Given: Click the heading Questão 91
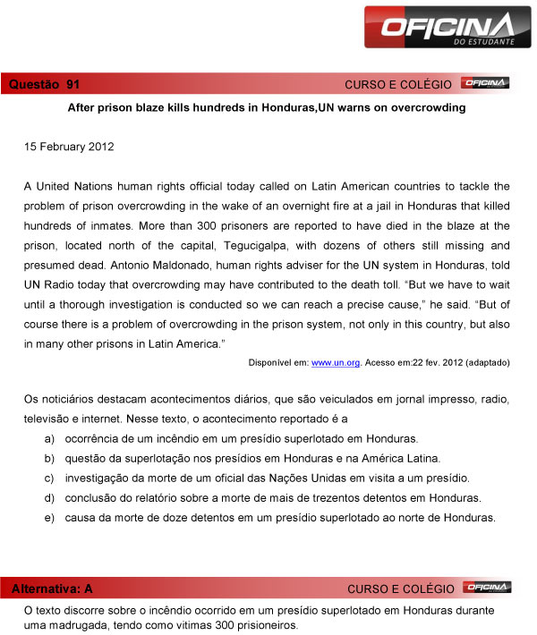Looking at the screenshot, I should [x=44, y=84].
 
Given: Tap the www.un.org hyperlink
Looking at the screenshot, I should [x=336, y=362].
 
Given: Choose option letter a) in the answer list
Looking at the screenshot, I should [x=50, y=438].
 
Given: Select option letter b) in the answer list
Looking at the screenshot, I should [x=50, y=458].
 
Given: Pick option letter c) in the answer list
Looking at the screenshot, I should [x=50, y=478].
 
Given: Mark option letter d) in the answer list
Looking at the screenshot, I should [x=50, y=497].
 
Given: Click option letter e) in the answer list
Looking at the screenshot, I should [x=50, y=517].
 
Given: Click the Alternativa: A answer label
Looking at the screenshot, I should [x=51, y=588].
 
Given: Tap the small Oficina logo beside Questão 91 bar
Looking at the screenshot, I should [x=485, y=84].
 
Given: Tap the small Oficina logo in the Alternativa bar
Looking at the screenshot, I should [x=485, y=588].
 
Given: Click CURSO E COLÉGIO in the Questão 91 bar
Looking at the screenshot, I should [x=398, y=85].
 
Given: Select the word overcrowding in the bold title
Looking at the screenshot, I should [x=425, y=107].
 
